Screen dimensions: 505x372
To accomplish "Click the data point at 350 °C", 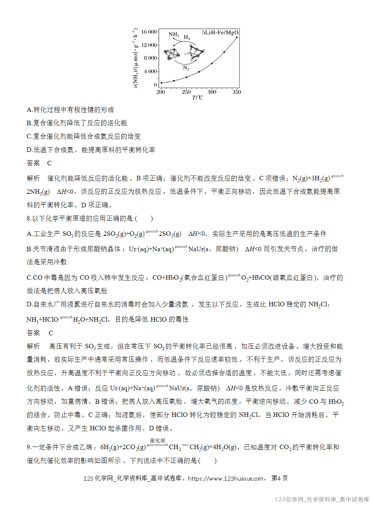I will [237, 37].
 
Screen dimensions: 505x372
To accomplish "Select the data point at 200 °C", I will [161, 83].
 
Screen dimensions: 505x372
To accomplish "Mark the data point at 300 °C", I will [212, 63].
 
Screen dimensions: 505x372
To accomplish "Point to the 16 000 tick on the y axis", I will [149, 32].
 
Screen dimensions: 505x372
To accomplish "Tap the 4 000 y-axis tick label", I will [151, 71].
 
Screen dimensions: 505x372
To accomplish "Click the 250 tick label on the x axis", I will [186, 92].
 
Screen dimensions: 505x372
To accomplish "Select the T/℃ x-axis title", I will [197, 98].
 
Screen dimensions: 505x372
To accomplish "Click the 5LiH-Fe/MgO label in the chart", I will [220, 33].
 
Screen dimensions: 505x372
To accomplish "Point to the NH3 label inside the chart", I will [174, 34].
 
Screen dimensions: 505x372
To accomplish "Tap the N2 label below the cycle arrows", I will [186, 68].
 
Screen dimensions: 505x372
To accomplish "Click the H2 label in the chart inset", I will [187, 37].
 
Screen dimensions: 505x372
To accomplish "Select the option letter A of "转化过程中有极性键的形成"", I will [29, 110].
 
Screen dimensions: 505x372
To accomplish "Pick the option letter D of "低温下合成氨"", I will [29, 150].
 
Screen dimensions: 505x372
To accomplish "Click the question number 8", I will [28, 219].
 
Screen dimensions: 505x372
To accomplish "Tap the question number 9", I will [28, 447].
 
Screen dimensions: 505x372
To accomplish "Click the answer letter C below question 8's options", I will [51, 333].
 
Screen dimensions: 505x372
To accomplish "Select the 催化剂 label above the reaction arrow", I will [157, 441].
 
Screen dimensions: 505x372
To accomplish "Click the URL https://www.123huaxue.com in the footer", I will [226, 478].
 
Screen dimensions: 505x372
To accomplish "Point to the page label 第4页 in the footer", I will [279, 478].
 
